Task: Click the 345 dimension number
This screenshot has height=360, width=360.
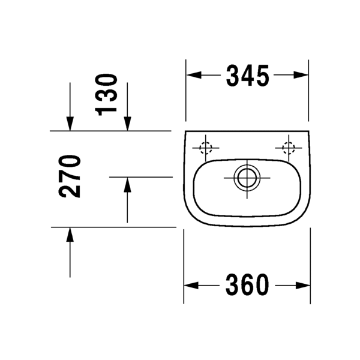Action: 247,76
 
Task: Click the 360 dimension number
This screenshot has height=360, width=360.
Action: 247,285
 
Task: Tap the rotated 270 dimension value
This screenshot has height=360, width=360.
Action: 70,176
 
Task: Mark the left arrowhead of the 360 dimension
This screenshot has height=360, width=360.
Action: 189,285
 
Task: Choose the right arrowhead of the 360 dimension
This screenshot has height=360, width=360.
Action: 305,285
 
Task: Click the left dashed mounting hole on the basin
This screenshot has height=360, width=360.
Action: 206,146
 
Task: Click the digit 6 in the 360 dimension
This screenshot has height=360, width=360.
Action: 247,285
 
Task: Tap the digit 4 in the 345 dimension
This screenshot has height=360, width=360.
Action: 247,76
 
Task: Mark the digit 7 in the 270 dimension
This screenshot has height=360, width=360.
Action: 70,176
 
